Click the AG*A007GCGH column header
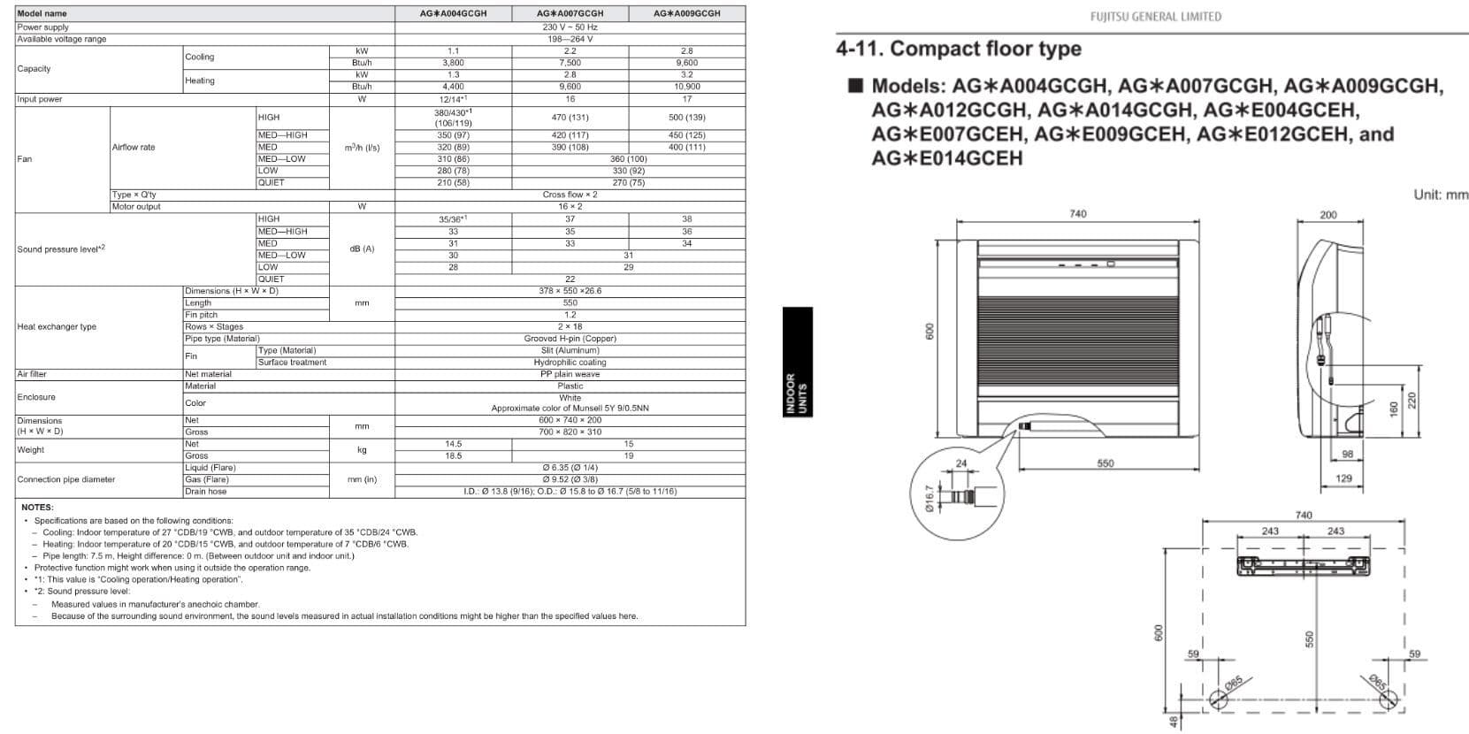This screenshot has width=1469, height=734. click(x=570, y=13)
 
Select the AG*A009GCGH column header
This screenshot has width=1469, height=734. click(x=686, y=13)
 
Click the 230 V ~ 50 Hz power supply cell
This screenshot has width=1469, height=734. click(x=570, y=27)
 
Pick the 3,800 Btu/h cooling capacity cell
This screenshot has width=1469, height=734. click(x=453, y=63)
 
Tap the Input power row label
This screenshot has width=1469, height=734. click(x=40, y=99)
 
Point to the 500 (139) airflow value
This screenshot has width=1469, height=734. click(x=686, y=118)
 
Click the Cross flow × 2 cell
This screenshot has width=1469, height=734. click(x=570, y=195)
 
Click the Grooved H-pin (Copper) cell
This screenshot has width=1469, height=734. click(x=570, y=339)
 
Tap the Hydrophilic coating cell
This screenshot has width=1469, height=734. click(x=570, y=363)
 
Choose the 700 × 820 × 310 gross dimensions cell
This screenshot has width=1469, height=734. click(x=570, y=432)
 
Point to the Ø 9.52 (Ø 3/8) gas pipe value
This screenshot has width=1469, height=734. click(x=570, y=479)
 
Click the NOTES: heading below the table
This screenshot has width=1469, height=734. click(x=37, y=508)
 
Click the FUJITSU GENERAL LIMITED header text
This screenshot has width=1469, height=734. click(x=1155, y=17)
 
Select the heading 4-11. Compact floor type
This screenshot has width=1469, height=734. click(x=959, y=49)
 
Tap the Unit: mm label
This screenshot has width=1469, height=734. click(x=1440, y=195)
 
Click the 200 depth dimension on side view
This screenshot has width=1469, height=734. click(x=1328, y=215)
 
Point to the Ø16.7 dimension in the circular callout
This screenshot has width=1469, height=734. click(x=929, y=497)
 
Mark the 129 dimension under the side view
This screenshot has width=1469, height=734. click(x=1343, y=478)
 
